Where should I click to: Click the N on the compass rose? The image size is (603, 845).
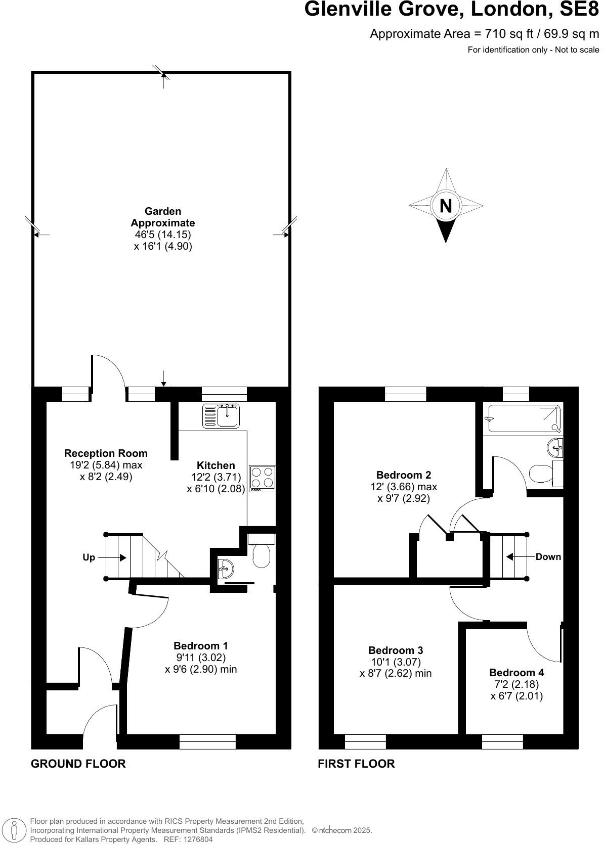coord(446,206)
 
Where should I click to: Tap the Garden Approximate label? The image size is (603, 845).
coord(163,217)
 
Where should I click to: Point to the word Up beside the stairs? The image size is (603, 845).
coord(89,557)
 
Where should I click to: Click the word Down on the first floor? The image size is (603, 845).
coord(548,556)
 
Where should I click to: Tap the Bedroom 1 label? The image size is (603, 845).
coord(201,645)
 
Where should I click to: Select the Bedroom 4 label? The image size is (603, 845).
coord(516,672)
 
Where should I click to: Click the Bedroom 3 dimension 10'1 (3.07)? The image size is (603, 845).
coord(396,662)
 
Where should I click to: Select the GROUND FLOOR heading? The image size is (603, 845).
coord(78,763)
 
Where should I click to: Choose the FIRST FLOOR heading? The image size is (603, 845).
coord(356,763)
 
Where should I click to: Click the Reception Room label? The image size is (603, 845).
coord(106,453)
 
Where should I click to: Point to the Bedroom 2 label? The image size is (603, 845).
coord(404,475)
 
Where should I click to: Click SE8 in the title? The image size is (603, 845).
coord(577,10)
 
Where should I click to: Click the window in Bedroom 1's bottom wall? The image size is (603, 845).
coord(207,741)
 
